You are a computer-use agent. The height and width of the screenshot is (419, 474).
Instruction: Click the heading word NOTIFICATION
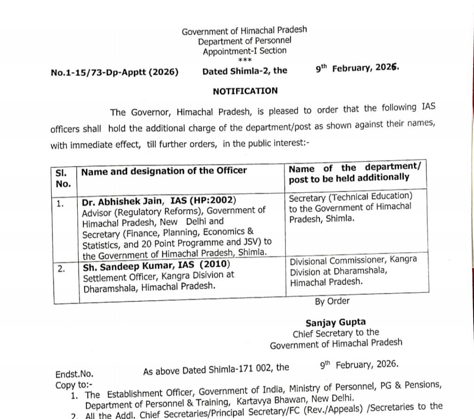pyautogui.click(x=245, y=91)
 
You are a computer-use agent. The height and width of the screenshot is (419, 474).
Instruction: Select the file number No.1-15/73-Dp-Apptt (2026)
pyautogui.click(x=114, y=72)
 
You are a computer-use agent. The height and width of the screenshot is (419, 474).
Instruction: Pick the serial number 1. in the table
pyautogui.click(x=61, y=203)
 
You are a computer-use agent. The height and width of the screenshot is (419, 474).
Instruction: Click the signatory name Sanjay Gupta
pyautogui.click(x=336, y=322)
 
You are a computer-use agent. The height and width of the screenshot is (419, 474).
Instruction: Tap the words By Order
pyautogui.click(x=332, y=301)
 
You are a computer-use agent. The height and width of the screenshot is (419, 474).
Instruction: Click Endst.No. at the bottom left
pyautogui.click(x=75, y=374)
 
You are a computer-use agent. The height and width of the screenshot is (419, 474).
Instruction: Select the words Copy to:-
pyautogui.click(x=74, y=385)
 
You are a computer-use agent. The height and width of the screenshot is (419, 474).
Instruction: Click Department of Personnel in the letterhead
pyautogui.click(x=245, y=41)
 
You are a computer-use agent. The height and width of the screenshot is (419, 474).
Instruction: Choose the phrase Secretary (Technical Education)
pyautogui.click(x=350, y=197)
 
